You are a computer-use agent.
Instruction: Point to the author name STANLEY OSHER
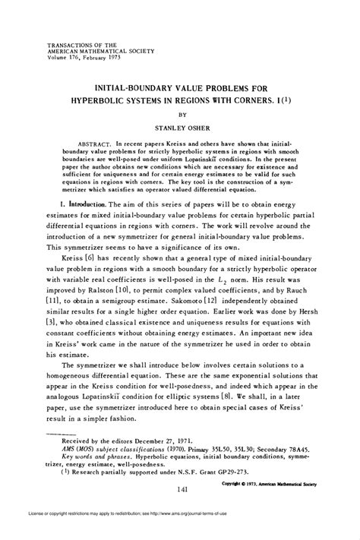point(179,129)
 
